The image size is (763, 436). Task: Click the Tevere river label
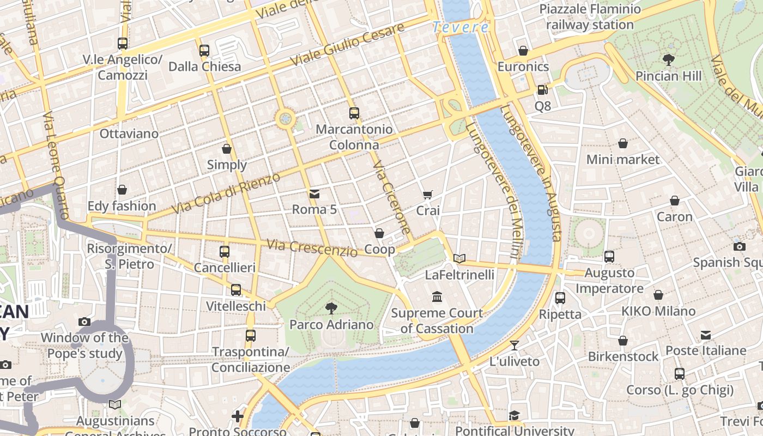(461, 27)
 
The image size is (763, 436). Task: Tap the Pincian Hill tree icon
(669, 59)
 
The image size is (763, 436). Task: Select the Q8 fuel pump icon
(542, 90)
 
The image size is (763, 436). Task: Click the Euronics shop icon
(523, 51)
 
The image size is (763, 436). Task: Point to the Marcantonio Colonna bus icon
(354, 113)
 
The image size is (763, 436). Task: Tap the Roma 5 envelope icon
(314, 193)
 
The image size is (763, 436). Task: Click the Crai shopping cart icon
(428, 195)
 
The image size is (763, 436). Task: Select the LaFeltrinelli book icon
(459, 258)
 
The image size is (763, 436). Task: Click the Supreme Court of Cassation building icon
(437, 297)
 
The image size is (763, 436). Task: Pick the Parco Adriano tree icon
(331, 308)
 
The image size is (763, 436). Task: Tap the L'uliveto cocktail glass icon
(514, 345)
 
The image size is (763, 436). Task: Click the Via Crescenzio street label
(312, 248)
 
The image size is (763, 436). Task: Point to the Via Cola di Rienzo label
(226, 193)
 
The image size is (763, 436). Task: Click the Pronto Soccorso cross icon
(238, 416)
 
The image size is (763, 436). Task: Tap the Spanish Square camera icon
(740, 246)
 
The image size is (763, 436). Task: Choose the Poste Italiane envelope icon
(706, 334)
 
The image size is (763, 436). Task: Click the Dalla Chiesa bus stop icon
(204, 51)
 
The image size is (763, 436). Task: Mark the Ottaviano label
(129, 134)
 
